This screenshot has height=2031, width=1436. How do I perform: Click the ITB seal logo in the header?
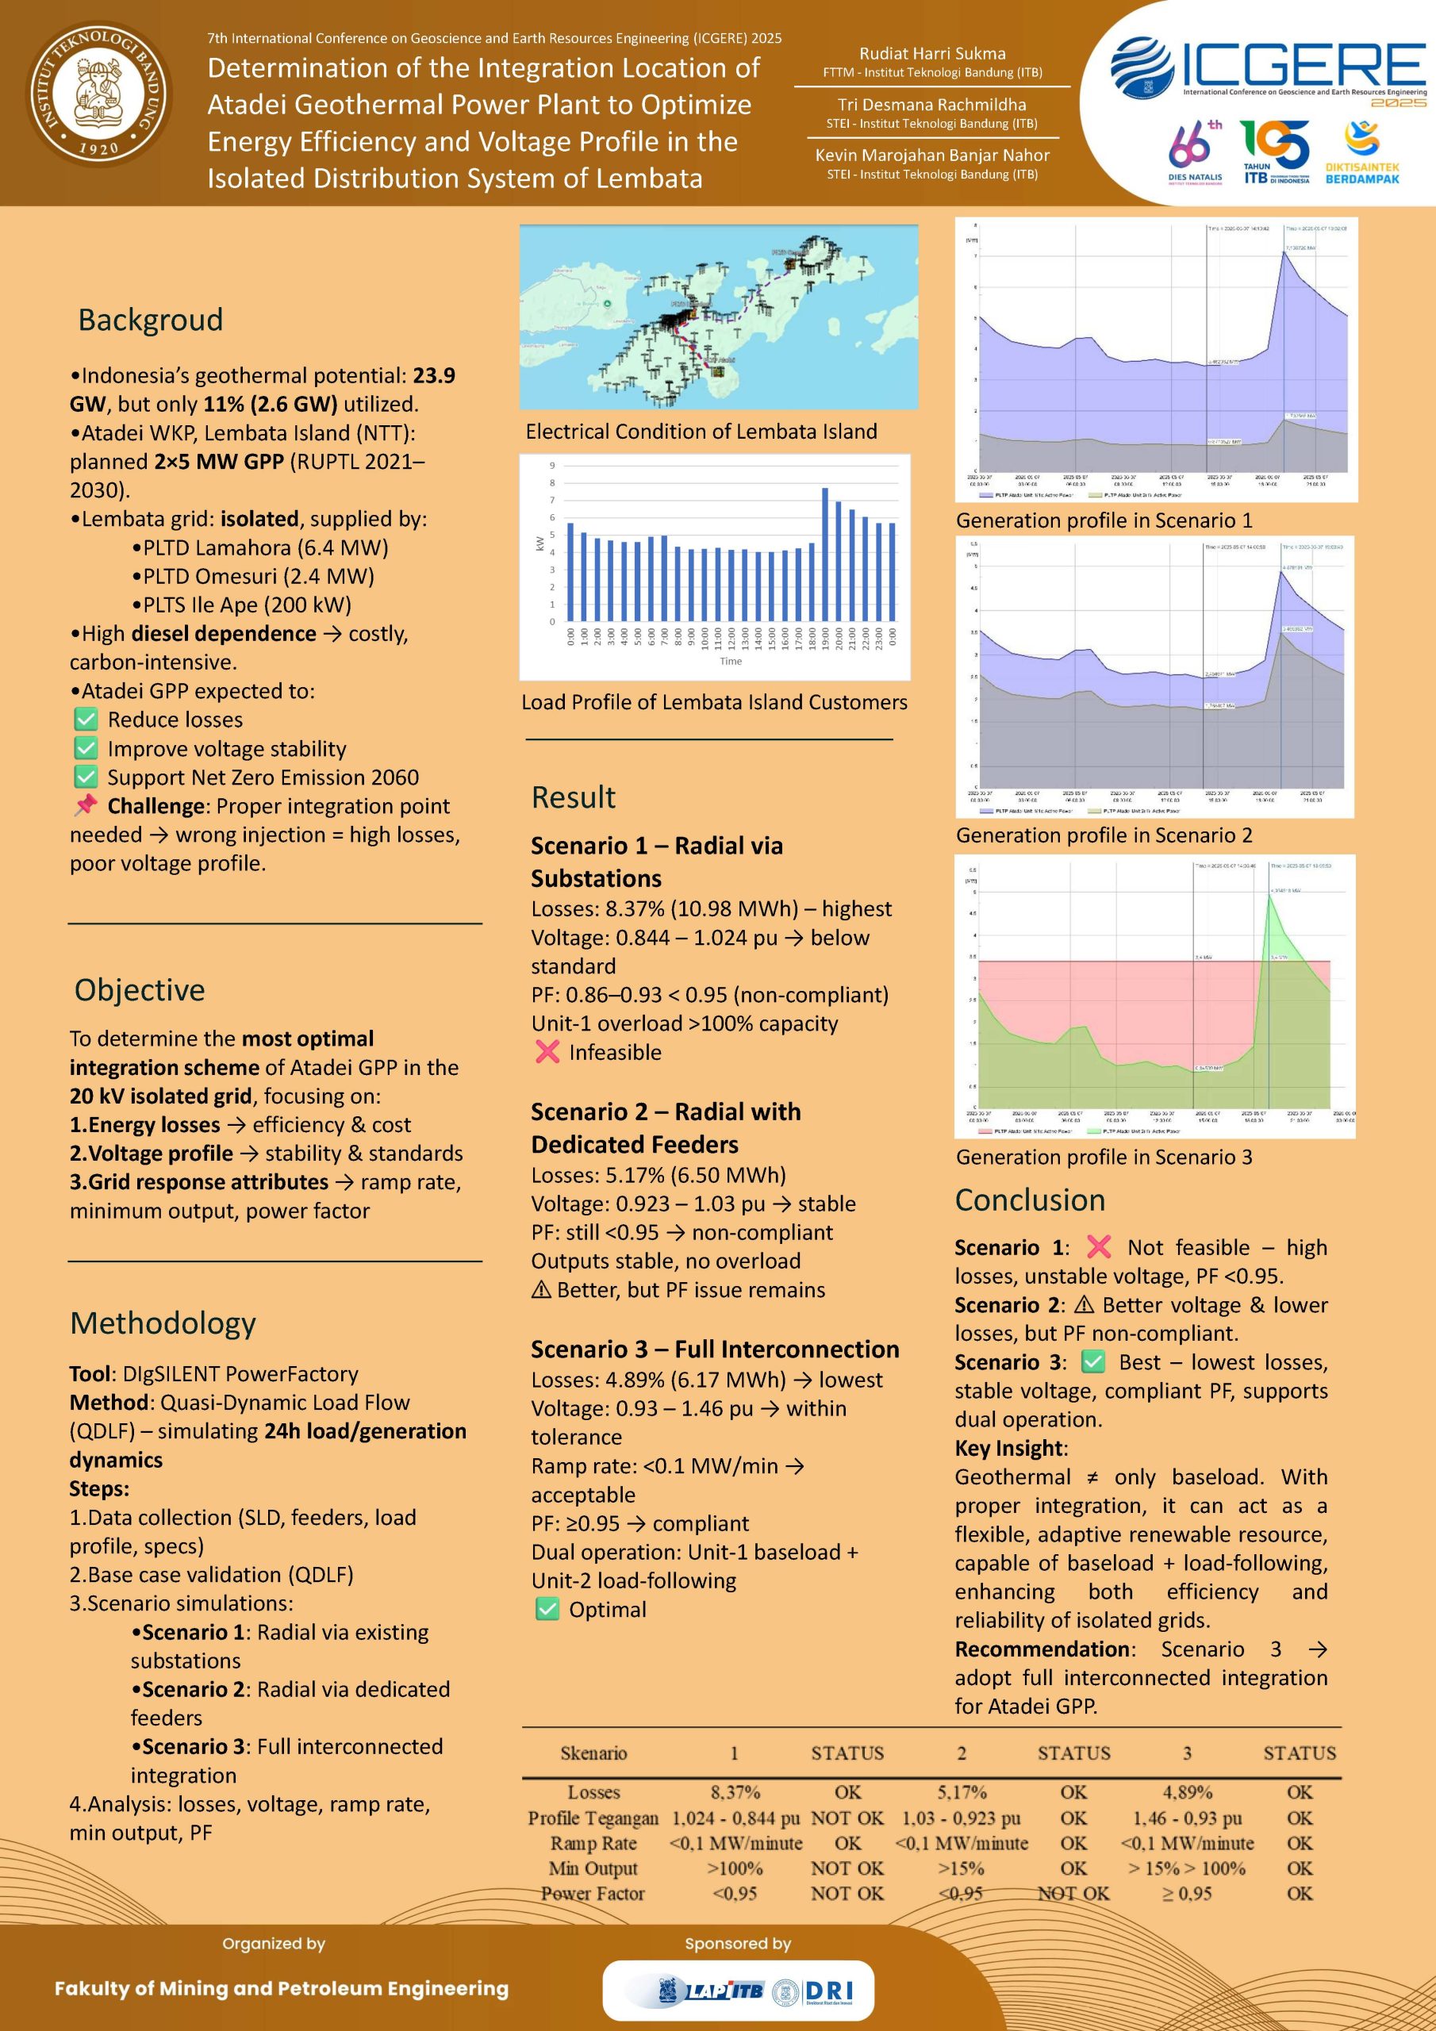coord(99,94)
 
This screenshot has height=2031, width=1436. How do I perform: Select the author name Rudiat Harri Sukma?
coord(932,54)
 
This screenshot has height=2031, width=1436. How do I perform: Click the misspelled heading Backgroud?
coord(151,320)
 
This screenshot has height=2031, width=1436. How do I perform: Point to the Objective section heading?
coord(140,990)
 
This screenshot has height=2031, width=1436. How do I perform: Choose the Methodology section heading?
coord(163,1323)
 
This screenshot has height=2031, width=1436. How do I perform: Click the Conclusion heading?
coord(1030,1200)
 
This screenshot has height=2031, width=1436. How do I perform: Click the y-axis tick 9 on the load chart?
coord(552,465)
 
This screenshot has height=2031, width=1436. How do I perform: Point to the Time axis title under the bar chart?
coord(731,661)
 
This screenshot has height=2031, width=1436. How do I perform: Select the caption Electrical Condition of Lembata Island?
coord(701,432)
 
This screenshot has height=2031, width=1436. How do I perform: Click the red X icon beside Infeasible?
coord(547,1052)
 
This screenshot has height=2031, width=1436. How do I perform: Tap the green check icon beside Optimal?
coord(547,1609)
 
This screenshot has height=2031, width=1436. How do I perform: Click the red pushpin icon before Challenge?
coord(86,806)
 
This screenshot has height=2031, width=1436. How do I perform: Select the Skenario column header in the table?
coord(593,1753)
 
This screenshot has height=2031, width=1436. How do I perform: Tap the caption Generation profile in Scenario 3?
coord(1104,1157)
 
